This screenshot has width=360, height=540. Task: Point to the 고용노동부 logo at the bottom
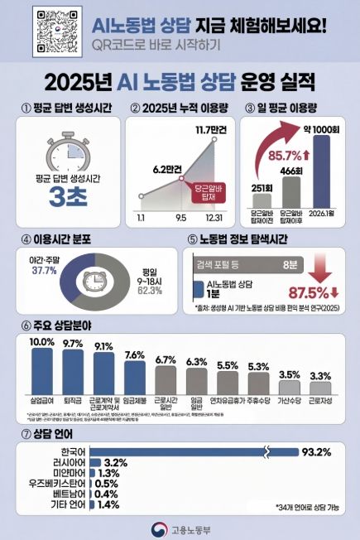coord(180,527)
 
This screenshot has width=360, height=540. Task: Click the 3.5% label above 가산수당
coord(290,374)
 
